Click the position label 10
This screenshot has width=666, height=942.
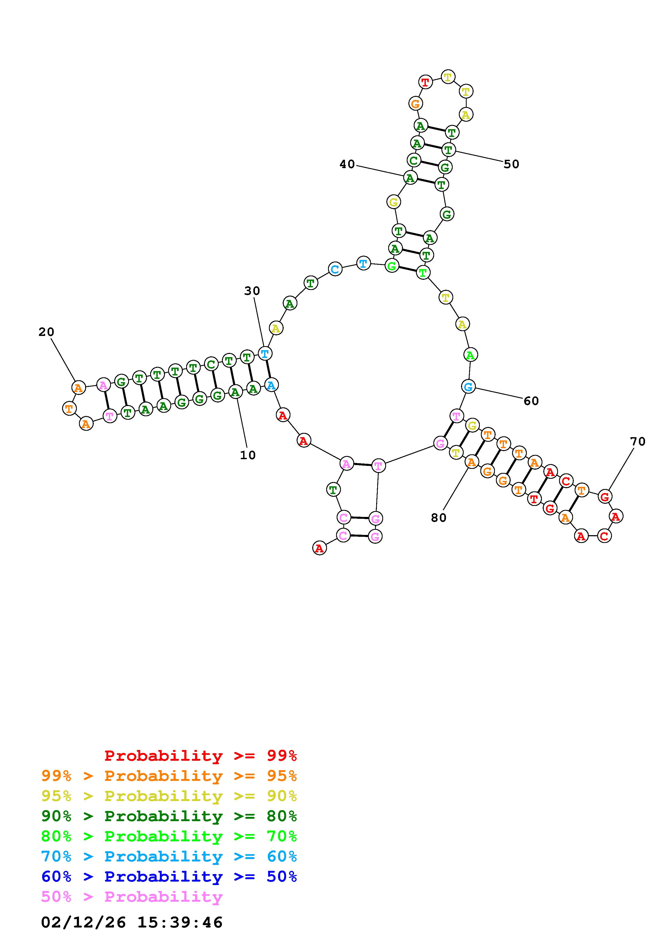point(248,455)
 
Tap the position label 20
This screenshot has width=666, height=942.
point(46,332)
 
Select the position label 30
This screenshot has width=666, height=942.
point(252,291)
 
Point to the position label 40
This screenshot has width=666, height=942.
point(347,164)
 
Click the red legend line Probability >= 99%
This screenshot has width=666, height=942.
point(201,755)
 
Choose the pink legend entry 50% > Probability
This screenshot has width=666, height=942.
point(132,896)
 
